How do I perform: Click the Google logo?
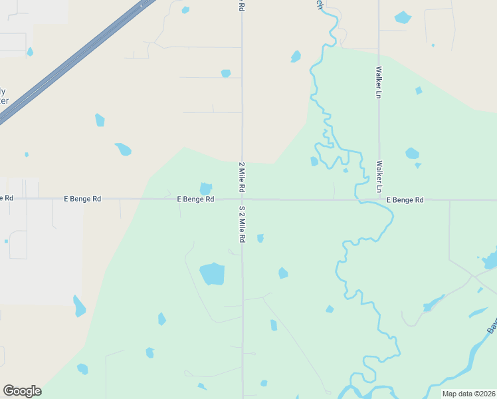coord(22,391)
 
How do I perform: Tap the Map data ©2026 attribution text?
coord(468,394)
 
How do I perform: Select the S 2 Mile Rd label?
coord(243,223)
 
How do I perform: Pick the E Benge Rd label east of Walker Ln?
coord(405,199)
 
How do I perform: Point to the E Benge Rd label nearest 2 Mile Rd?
coord(195,199)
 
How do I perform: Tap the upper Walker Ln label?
coord(379,82)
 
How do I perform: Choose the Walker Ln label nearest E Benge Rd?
coord(379,176)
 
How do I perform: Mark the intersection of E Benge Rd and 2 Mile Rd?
coord(243,199)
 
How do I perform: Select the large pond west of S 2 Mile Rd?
coord(212,273)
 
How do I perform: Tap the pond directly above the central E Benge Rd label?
coord(206,189)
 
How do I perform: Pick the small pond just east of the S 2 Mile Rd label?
coord(260,237)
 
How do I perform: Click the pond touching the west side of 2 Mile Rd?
coord(226,73)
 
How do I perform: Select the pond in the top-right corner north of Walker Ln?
coord(403,17)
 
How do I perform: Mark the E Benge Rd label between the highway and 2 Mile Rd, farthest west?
coord(82,199)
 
